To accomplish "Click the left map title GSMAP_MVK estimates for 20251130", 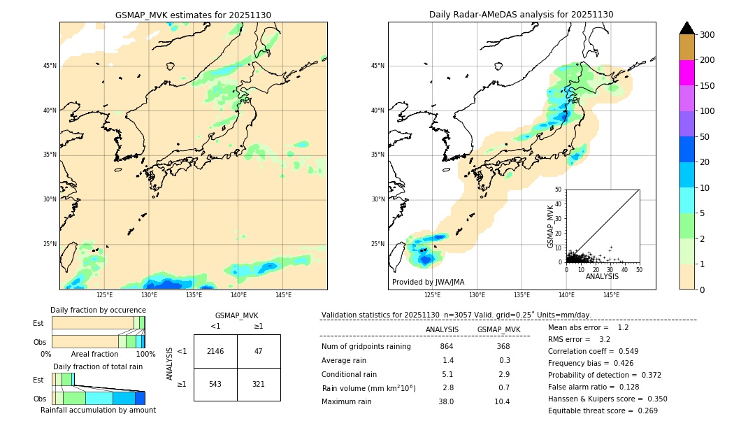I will (x=193, y=15).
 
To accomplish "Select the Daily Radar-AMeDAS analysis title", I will (x=521, y=15).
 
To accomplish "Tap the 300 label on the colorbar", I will (x=708, y=35).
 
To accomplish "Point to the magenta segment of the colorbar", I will (x=686, y=73).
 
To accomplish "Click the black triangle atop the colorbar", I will (x=686, y=28).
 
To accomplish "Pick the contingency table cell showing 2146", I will (x=215, y=351).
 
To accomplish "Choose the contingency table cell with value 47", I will (x=259, y=351).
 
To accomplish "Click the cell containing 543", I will (x=215, y=385).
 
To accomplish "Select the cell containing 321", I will (x=259, y=385).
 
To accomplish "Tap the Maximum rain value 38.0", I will (x=446, y=401).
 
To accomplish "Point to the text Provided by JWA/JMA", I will (x=428, y=283).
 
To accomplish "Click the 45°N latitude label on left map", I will (x=50, y=66).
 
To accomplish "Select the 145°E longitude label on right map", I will (x=611, y=295).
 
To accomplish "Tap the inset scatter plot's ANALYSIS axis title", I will (x=602, y=276).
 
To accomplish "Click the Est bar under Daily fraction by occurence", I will (x=98, y=323).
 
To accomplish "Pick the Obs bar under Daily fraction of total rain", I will (x=98, y=398).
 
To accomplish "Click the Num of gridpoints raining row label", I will (x=366, y=347).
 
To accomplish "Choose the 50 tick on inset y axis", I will (x=558, y=190).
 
